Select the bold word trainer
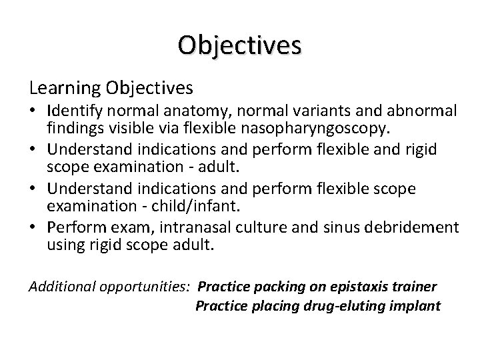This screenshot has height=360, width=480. click(x=415, y=287)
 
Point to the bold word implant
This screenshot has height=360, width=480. click(x=418, y=307)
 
